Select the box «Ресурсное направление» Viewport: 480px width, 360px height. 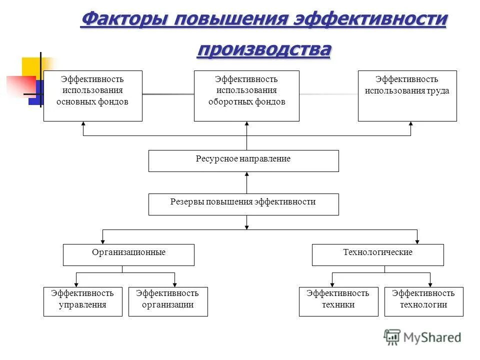point(243,161)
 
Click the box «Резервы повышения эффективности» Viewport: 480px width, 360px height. point(243,204)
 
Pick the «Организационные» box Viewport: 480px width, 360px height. point(128,254)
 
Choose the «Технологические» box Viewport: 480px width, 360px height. point(377,254)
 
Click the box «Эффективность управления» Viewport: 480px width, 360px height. point(82,301)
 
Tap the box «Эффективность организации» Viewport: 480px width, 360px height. point(168,301)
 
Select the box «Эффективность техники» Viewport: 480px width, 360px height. point(338,301)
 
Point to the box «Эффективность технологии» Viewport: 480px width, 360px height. point(423,301)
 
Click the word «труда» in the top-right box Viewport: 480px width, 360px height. point(438,91)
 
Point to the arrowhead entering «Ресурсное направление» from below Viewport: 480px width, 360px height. point(246,174)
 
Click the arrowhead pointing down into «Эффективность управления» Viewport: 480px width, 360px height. point(76,284)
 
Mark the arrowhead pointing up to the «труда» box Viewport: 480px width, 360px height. point(410,124)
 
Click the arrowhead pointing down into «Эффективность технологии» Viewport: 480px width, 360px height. point(429,284)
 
